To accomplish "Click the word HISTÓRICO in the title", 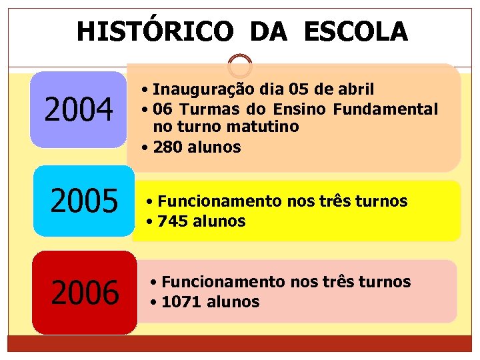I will coord(155,31).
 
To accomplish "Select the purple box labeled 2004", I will coord(78,110).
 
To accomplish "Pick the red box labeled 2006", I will coord(85,292).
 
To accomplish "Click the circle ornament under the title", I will coord(239,66).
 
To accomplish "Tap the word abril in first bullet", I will coord(357,89).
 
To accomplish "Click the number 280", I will coord(166,147).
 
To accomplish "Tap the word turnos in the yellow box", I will coord(383,201).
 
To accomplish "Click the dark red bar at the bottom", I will coord(239,343).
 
